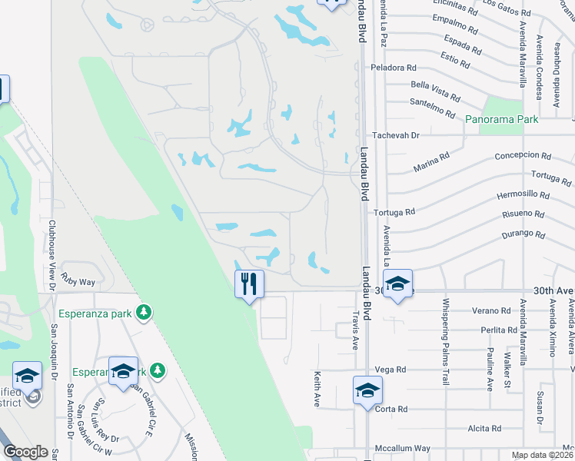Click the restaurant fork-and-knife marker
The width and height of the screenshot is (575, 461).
coord(249,284)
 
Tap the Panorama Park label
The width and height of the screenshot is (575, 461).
coord(501,120)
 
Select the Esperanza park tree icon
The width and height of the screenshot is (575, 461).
coord(143,312)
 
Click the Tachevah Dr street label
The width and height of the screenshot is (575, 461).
coord(395,135)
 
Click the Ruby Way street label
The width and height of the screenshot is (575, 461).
coord(78,283)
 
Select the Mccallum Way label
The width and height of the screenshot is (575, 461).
coord(402,449)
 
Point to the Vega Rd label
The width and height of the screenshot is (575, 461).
coord(391,370)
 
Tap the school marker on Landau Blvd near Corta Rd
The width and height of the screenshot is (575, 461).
coord(367,390)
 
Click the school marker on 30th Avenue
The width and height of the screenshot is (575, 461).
coord(397,284)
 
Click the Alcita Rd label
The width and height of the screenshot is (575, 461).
coord(485,429)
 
